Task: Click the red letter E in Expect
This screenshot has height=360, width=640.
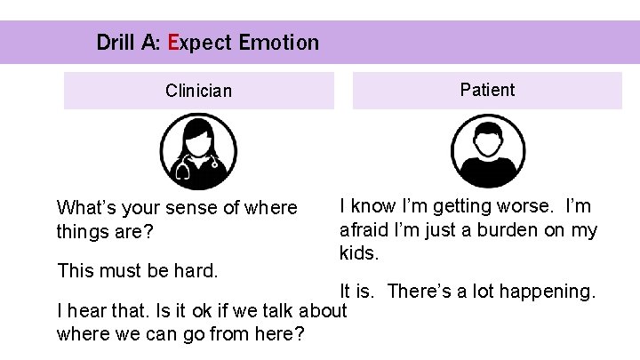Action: [x=172, y=42]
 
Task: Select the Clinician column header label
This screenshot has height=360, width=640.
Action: [x=198, y=91]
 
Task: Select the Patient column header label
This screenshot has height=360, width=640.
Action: [x=487, y=90]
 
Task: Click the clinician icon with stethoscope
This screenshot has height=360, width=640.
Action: [x=197, y=153]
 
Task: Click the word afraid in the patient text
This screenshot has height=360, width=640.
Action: [x=364, y=230]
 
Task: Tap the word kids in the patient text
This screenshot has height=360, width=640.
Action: [x=359, y=253]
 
